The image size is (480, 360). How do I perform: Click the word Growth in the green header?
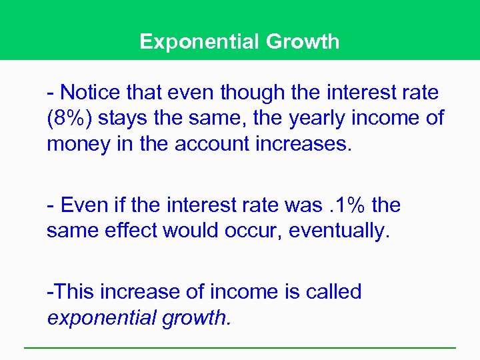coord(303,42)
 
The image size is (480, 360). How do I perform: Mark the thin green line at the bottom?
coord(240,347)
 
